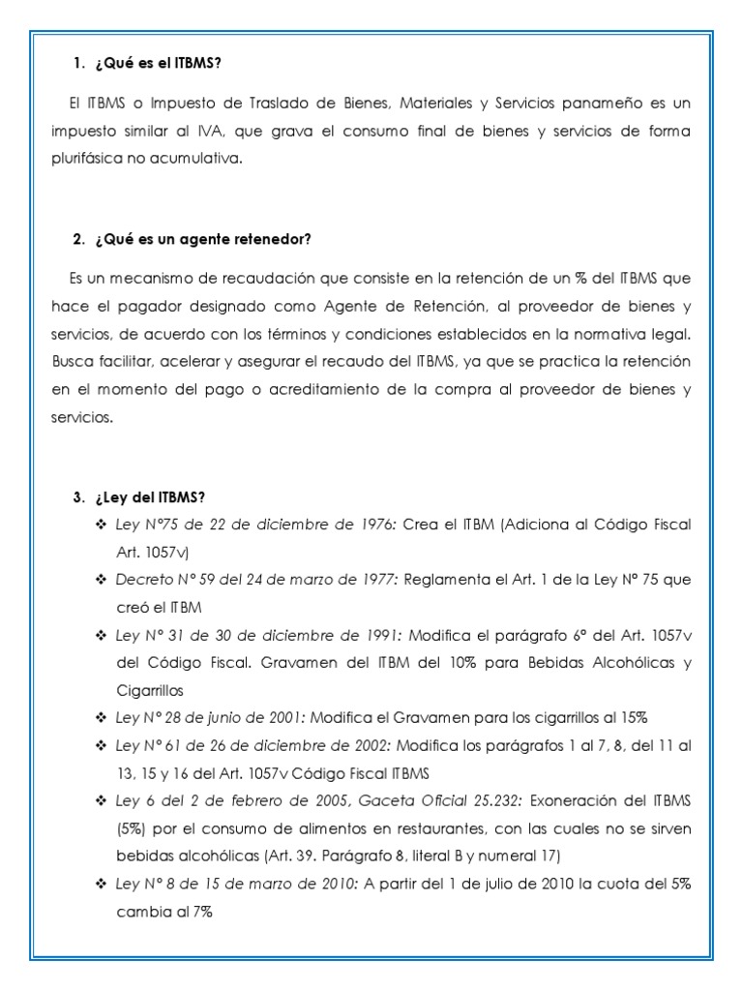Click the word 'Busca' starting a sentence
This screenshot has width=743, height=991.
coord(71,362)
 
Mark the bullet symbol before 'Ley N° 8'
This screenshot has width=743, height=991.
coord(101,885)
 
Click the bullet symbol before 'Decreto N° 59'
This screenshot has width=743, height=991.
coord(101,579)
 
